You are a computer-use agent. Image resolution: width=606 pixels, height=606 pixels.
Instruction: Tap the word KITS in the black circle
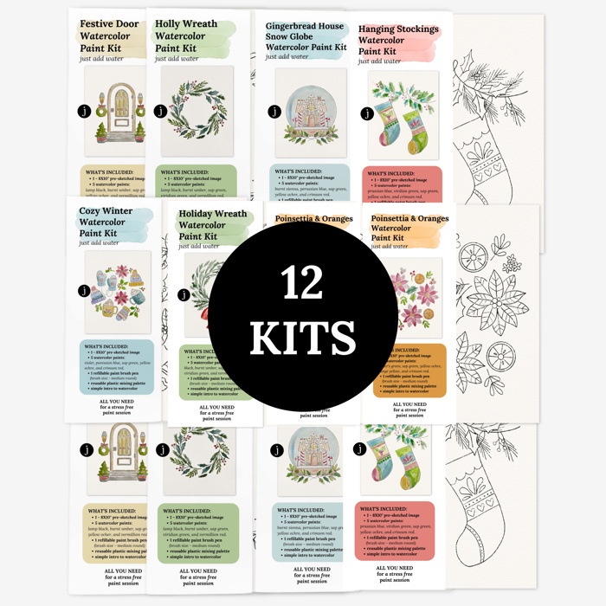click(x=302, y=337)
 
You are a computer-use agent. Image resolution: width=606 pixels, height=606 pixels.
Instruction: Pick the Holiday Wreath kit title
click(x=211, y=225)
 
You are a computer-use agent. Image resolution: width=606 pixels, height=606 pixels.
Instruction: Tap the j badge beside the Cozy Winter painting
click(x=84, y=291)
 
